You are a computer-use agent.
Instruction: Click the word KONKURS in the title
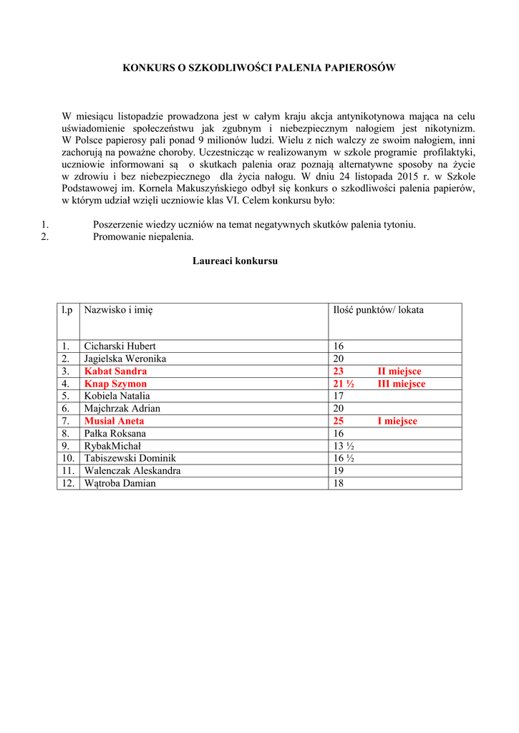[147, 67]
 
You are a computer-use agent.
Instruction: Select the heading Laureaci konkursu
[235, 261]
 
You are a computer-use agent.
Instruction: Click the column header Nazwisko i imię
[118, 310]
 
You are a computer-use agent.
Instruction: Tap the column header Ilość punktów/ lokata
[378, 310]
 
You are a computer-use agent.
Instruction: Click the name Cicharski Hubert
[120, 346]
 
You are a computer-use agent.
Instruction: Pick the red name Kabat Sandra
[115, 372]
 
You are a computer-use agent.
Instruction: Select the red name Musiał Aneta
[114, 421]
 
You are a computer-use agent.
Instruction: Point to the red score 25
[339, 421]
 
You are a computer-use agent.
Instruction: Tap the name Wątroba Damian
[120, 483]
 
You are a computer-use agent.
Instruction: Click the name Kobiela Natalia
[117, 396]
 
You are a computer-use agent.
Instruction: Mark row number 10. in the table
[68, 458]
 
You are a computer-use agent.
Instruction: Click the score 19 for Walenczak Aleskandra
[339, 471]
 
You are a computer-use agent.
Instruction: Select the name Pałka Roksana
[115, 434]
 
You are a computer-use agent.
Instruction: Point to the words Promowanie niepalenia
[143, 237]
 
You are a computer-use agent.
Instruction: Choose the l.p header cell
[67, 310]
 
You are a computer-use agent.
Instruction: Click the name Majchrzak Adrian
[122, 409]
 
